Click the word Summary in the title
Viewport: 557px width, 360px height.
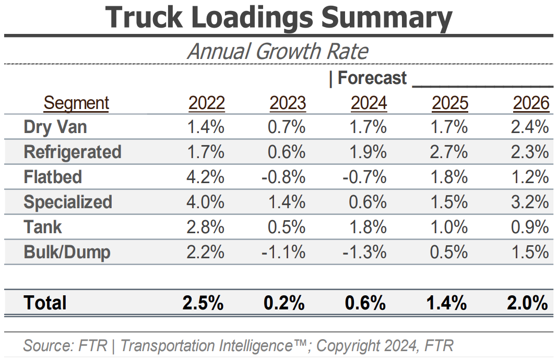(386, 18)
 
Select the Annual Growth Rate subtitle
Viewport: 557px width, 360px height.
(278, 51)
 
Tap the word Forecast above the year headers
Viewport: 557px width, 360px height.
(372, 78)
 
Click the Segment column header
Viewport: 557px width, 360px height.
(76, 103)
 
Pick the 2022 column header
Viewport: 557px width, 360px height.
(207, 103)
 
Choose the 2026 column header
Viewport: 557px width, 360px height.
(531, 103)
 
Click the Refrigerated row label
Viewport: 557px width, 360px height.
(73, 152)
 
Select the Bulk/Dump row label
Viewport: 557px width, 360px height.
(67, 253)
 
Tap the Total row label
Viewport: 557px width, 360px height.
(45, 303)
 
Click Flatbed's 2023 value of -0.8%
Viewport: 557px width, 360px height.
(283, 177)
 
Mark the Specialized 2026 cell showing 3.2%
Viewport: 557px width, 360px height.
(530, 202)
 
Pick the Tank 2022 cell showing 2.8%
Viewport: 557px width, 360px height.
(206, 227)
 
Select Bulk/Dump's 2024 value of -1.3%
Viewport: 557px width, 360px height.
(365, 253)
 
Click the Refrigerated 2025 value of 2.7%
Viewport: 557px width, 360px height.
(450, 152)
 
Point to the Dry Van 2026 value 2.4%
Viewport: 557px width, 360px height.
(530, 127)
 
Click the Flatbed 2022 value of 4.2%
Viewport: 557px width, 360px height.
(206, 177)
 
